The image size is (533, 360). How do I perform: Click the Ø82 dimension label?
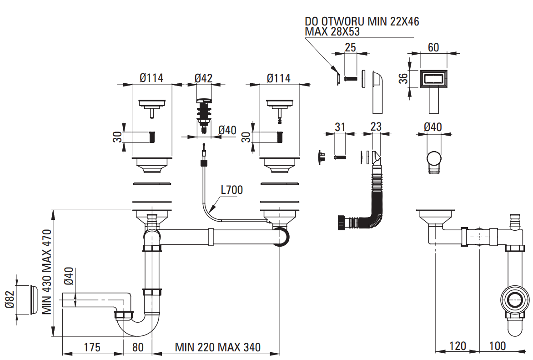pos(10,299)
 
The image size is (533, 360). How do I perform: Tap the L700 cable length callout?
pos(232,189)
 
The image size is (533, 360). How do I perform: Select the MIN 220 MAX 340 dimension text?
pos(217,347)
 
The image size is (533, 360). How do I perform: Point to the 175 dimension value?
pos(92,347)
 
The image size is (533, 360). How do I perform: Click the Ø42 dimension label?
pos(204,78)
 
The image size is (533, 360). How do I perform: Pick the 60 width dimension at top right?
pos(433,48)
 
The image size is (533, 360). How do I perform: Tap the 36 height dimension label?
pos(403,79)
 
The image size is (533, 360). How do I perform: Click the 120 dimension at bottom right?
pos(458,346)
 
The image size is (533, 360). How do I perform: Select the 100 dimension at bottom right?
pos(498,346)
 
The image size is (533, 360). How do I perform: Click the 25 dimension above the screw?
pos(350,48)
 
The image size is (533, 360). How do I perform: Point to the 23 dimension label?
pos(376,127)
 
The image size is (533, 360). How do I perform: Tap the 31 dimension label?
pos(340,127)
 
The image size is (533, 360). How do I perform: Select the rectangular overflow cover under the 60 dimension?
pos(433,79)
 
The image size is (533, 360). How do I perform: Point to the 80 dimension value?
pos(138,347)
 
